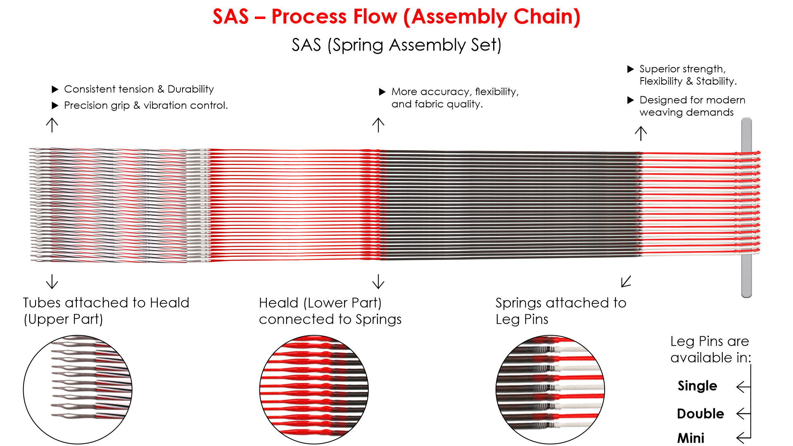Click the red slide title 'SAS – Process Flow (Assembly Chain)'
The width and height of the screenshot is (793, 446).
pos(396,17)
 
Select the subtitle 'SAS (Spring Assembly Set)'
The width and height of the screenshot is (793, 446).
pos(396,45)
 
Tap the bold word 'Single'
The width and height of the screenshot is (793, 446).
pos(697,386)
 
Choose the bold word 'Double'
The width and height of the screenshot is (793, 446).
pos(700,413)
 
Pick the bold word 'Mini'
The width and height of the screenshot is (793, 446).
pos(691,438)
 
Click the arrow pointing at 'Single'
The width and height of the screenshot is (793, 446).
pos(743,387)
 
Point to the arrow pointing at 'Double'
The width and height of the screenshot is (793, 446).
pos(743,413)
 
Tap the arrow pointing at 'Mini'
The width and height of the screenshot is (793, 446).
pos(743,437)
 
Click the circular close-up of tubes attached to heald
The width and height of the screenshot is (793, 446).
pos(78,389)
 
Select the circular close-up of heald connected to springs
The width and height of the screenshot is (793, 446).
pos(314,389)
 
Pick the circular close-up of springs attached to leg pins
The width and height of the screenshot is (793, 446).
pos(550,389)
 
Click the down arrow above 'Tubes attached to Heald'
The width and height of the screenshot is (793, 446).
pos(52,282)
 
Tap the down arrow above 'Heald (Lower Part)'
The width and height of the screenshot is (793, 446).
pos(378,282)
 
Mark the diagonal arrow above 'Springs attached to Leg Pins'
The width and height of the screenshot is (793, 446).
pos(626,282)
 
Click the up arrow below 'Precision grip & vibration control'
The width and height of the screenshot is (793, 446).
pos(52,125)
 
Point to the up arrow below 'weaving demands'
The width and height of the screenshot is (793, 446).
pos(641,133)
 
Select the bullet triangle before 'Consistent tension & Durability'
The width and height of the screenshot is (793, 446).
pos(55,89)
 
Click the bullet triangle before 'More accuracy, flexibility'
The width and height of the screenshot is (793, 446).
pos(382,92)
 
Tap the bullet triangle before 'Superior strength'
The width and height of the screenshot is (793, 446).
pos(630,69)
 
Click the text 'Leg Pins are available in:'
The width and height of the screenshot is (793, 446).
pos(710,349)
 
